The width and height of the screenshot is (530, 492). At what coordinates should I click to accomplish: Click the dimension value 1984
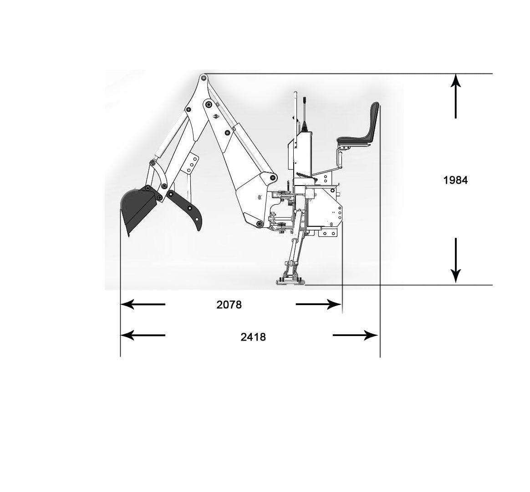455,180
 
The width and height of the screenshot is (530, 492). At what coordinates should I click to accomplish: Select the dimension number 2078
229,305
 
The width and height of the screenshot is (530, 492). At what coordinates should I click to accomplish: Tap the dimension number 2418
253,337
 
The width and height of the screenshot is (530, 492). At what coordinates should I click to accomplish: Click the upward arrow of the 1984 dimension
456,96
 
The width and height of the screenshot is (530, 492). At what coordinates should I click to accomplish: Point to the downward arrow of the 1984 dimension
456,261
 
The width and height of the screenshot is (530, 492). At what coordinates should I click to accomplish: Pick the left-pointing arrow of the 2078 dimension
143,304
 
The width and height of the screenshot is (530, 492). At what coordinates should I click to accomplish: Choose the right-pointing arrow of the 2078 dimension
318,304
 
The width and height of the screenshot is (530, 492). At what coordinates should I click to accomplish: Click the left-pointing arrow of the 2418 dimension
143,336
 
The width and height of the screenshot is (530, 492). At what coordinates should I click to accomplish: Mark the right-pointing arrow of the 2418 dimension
355,336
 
